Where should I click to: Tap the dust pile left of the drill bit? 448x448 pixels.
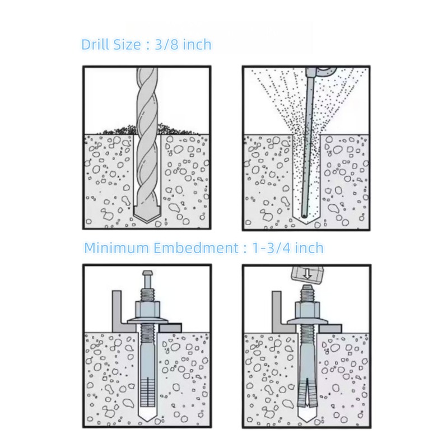(x=115, y=130)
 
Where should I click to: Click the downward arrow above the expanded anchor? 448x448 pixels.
(x=306, y=274)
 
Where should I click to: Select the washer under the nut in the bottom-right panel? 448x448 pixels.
(x=306, y=320)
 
